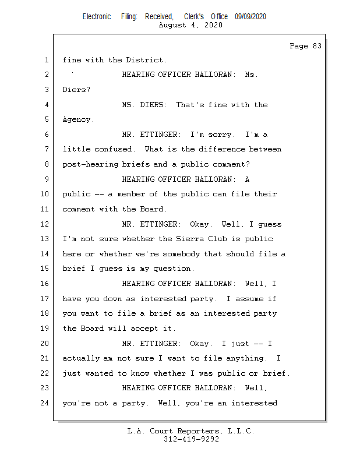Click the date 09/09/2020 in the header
coord(250,17)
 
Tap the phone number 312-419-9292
coord(191,439)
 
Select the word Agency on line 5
coord(77,119)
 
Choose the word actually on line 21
coord(82,358)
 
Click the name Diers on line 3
coord(75,90)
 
